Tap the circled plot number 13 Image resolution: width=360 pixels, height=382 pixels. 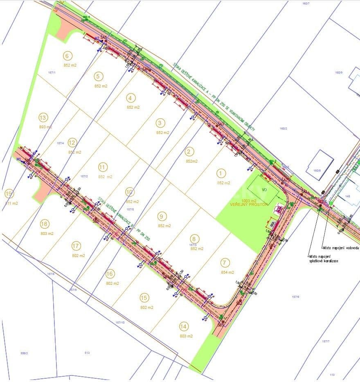tap(43, 118)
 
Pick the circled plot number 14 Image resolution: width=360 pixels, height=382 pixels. tap(184, 326)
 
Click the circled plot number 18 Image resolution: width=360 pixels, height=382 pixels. tap(45, 223)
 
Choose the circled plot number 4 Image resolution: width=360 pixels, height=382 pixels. tap(130, 98)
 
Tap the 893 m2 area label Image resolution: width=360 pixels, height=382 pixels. tap(45, 127)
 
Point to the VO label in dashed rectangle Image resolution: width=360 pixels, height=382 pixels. tap(264, 190)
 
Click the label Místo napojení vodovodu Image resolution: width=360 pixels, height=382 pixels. tap(340, 248)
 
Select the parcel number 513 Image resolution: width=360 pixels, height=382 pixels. tap(87, 353)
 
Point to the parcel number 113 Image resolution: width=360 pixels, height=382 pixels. tap(332, 375)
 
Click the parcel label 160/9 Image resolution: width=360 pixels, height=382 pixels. tap(338, 73)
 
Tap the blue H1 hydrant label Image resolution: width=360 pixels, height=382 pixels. tap(18, 159)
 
